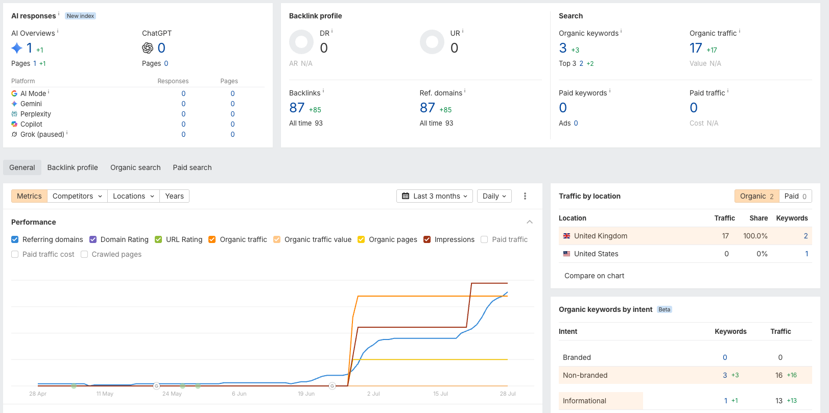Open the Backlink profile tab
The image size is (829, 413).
tap(73, 167)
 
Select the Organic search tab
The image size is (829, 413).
tap(135, 167)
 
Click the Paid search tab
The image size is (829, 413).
tap(192, 167)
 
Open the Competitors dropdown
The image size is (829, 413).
tap(77, 196)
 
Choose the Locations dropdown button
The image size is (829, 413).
tap(134, 196)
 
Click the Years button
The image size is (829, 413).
tap(174, 196)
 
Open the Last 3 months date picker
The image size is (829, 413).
tap(435, 196)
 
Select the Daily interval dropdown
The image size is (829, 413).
tap(494, 196)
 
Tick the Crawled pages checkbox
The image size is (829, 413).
tap(84, 254)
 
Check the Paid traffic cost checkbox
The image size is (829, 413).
tap(15, 254)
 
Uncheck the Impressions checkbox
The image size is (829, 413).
tap(427, 239)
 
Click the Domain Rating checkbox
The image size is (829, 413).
tap(93, 239)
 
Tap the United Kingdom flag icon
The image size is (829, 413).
tap(566, 236)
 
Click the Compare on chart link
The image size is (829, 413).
tap(594, 276)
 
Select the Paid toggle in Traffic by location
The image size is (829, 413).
tap(795, 196)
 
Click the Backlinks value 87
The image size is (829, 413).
tap(297, 108)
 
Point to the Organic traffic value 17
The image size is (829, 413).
tap(696, 48)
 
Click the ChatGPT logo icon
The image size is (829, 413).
tap(148, 48)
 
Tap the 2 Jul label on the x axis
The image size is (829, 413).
tap(373, 394)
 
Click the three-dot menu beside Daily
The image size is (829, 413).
tap(525, 196)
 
